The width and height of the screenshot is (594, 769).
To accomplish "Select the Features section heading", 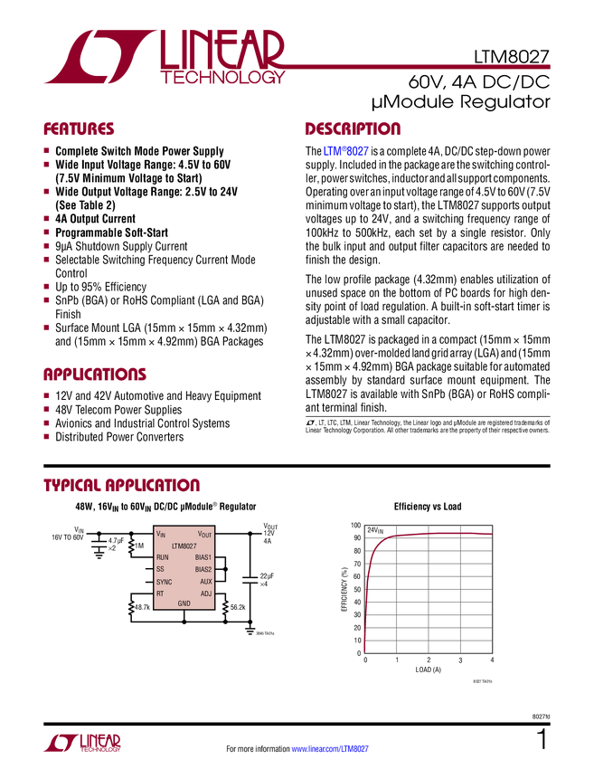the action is click(79, 129).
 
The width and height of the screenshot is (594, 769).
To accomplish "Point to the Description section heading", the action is click(353, 129).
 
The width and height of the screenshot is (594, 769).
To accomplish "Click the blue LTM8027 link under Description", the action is click(344, 152).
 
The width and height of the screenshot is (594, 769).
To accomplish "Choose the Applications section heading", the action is click(94, 375).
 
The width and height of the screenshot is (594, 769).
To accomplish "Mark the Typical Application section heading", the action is click(121, 485).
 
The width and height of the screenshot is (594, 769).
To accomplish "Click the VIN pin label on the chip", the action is click(162, 535).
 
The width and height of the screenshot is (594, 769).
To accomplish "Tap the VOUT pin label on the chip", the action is click(204, 535).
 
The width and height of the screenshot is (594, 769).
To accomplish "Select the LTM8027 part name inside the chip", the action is click(184, 546).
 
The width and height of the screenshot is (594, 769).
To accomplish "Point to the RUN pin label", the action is click(163, 558).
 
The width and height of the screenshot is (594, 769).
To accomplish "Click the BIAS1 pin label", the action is click(203, 558).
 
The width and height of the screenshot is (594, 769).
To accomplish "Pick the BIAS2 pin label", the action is click(203, 570).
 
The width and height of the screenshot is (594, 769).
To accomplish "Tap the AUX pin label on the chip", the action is click(206, 582).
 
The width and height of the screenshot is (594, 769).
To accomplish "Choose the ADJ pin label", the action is click(206, 593).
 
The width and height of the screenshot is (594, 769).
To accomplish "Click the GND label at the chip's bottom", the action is click(184, 603).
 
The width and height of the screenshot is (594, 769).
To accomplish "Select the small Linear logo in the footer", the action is click(81, 743).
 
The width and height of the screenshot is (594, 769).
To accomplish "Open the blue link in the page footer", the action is click(331, 748).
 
